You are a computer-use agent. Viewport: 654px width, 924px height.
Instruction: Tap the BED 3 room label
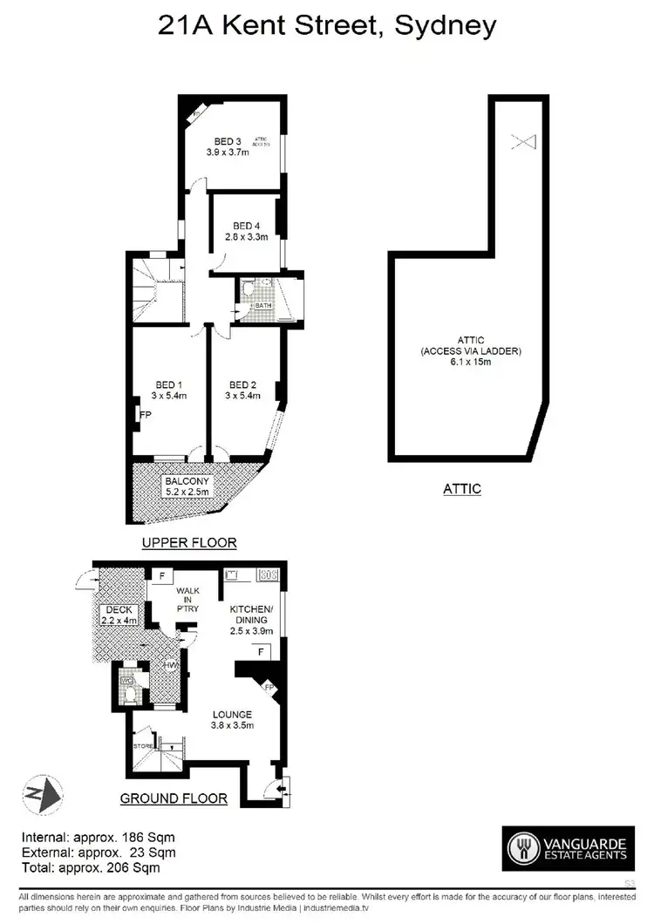click(228, 142)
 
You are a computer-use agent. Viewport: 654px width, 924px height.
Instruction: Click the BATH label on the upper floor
click(263, 307)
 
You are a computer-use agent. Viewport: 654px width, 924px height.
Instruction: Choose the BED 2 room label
click(242, 384)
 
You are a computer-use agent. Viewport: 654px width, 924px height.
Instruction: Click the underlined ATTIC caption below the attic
click(460, 489)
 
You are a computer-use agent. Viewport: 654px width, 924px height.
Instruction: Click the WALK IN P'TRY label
click(188, 599)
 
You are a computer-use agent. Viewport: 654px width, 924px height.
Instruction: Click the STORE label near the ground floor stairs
click(144, 746)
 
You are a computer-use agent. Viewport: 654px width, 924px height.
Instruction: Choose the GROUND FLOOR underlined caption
click(174, 798)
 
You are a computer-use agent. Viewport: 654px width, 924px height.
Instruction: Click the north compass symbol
click(43, 793)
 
